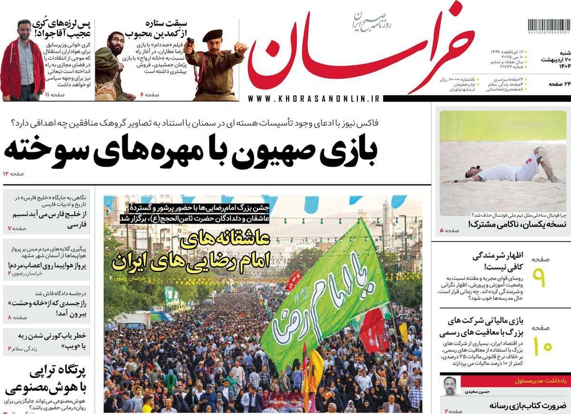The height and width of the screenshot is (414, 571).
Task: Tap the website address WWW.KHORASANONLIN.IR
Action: point(314,99)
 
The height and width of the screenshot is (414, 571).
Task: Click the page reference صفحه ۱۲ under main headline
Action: point(13,173)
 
